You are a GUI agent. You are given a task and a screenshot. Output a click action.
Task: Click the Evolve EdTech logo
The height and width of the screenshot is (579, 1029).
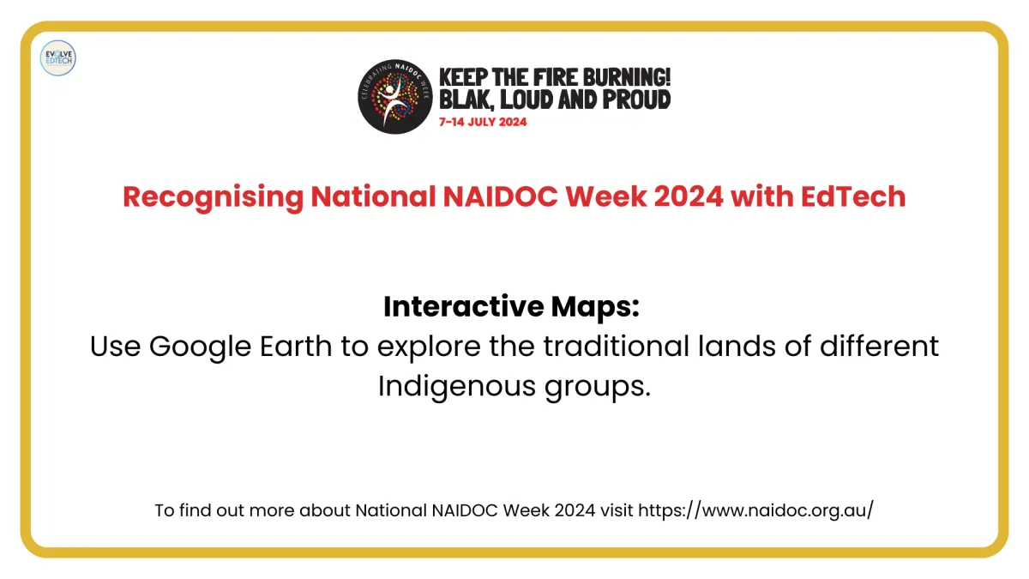click(x=58, y=58)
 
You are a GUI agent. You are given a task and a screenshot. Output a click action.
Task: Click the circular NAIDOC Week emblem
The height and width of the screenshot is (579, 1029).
click(x=395, y=96)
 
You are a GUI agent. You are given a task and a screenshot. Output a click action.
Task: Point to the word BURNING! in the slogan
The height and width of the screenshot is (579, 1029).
click(x=620, y=77)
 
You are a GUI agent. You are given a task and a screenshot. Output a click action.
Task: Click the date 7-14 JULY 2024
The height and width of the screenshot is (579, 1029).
click(x=483, y=122)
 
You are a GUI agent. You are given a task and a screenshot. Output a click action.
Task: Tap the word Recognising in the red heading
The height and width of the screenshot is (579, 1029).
click(x=214, y=197)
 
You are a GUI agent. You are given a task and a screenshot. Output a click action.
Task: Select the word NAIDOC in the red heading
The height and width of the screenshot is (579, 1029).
click(x=500, y=196)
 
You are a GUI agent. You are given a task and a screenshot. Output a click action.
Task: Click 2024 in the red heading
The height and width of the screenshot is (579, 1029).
click(x=689, y=196)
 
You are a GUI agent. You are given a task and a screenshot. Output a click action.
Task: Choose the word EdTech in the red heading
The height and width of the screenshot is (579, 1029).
click(x=853, y=196)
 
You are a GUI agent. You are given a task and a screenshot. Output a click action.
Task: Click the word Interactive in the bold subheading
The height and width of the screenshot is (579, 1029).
click(x=464, y=306)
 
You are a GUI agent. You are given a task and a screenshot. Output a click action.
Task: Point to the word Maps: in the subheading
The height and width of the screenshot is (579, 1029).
click(x=595, y=307)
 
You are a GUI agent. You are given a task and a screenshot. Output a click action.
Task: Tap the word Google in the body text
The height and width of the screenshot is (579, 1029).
click(x=200, y=347)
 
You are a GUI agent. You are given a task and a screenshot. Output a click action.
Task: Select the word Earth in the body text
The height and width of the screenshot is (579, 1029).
click(x=296, y=346)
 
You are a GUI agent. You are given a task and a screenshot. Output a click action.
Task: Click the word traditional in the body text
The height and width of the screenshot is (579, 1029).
click(x=616, y=346)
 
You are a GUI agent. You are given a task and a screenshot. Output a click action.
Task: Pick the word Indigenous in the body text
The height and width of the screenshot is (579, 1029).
click(x=456, y=387)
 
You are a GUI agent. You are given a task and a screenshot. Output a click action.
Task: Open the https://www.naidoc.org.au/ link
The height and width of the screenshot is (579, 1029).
click(x=756, y=510)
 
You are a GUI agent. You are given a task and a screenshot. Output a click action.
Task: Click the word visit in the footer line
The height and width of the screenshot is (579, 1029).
click(x=617, y=510)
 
